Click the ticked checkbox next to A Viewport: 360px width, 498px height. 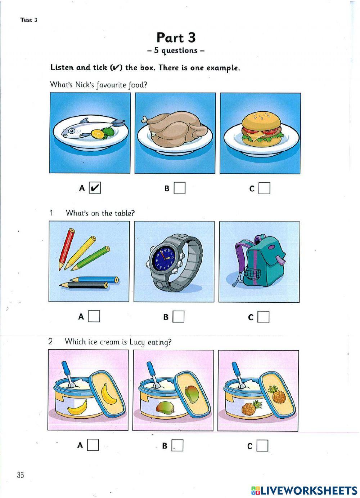(x=95, y=188)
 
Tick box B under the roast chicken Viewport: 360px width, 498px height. (x=180, y=188)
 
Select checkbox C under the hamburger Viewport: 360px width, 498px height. (x=265, y=188)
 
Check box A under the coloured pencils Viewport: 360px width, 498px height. (x=94, y=316)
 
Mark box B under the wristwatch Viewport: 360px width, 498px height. (x=179, y=317)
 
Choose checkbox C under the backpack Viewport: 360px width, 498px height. (x=264, y=317)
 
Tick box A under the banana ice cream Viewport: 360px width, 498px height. (x=93, y=445)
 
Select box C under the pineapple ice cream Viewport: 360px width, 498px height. (x=263, y=446)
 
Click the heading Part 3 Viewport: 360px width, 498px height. (x=176, y=37)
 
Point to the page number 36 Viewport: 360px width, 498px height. (x=20, y=475)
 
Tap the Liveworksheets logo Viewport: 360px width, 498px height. (x=304, y=490)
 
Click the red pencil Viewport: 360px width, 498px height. (x=66, y=249)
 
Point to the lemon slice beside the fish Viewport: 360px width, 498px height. (x=97, y=134)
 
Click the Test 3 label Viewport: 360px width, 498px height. (x=29, y=20)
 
